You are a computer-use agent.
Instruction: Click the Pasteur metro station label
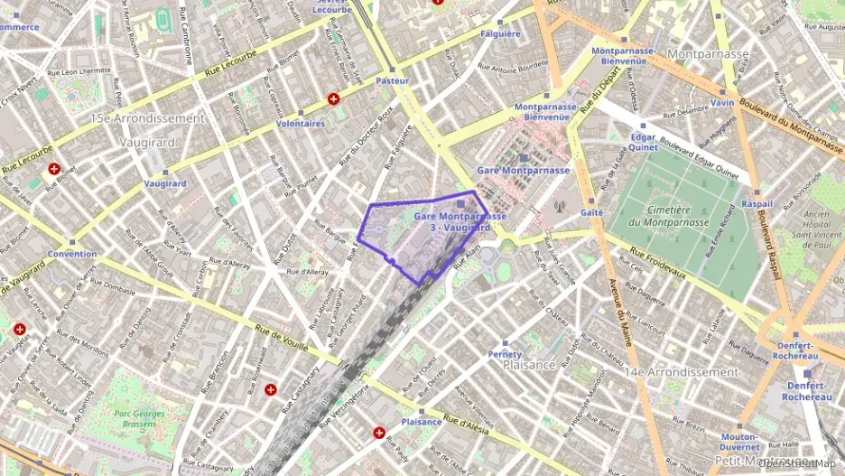point(392,80)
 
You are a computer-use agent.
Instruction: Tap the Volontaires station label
point(301,123)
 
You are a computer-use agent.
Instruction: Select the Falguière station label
point(501,34)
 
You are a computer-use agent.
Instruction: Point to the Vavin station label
point(721,103)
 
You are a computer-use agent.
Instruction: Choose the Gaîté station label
point(592,212)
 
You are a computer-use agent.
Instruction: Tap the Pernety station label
point(505,354)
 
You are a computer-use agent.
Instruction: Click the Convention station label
point(72,254)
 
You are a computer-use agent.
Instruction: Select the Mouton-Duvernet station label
point(738,442)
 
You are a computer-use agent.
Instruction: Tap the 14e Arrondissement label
point(682,372)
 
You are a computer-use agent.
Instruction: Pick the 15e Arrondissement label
point(147,118)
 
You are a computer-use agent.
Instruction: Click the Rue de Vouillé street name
point(282,338)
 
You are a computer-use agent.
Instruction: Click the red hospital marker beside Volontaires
point(334,98)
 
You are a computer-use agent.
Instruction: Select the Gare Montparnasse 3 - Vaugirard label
point(460,222)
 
